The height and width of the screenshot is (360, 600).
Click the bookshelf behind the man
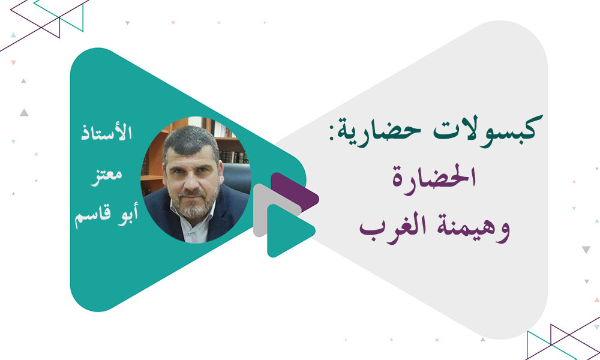pyautogui.click(x=231, y=144)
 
